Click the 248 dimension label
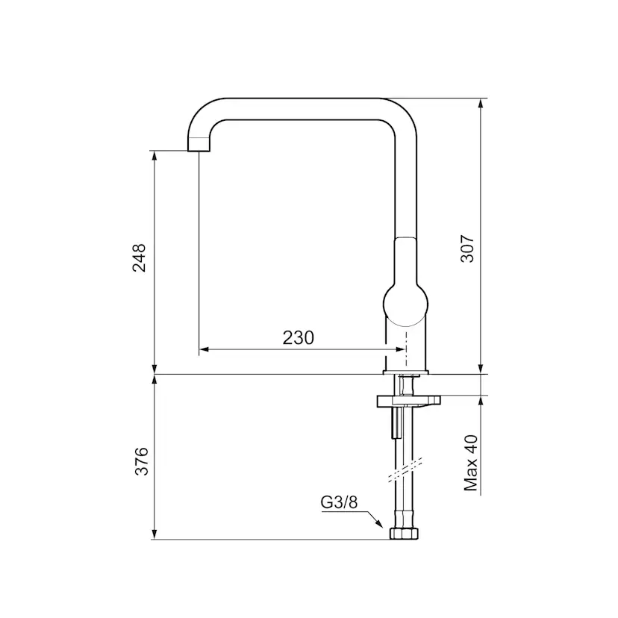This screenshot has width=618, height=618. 139,257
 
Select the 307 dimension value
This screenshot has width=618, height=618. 468,249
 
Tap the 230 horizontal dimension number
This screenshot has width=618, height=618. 299,338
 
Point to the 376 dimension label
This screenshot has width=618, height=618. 141,461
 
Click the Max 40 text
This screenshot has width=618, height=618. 471,463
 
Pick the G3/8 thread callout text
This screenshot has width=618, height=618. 339,502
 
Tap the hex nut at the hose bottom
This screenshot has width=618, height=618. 404,533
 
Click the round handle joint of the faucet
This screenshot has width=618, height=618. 405,305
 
